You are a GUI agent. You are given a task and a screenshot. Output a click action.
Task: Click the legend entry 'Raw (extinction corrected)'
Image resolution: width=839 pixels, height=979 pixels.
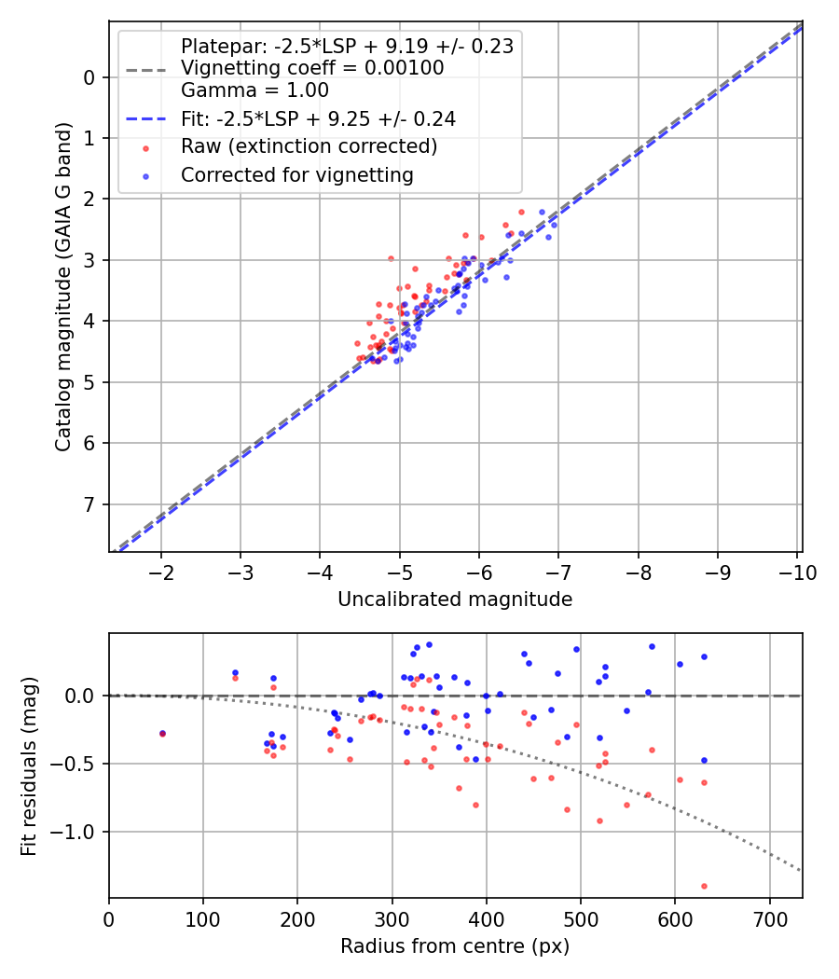point(309,146)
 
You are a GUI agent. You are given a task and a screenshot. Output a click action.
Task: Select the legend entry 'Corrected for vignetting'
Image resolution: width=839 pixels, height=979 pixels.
point(297,174)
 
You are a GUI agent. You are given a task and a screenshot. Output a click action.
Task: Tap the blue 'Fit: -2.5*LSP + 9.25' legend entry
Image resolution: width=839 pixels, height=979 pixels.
point(318,118)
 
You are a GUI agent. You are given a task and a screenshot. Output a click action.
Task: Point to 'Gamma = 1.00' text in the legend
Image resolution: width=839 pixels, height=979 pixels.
point(254,90)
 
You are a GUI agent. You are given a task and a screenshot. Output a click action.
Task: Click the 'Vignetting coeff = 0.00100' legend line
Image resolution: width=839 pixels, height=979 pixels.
point(312,68)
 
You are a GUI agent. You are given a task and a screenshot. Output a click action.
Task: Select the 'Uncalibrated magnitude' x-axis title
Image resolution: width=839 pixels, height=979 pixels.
point(455,599)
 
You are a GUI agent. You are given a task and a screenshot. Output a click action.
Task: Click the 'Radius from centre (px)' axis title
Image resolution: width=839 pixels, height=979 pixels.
point(455,946)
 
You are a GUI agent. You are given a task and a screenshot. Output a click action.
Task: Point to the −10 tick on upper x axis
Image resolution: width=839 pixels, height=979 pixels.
point(797,572)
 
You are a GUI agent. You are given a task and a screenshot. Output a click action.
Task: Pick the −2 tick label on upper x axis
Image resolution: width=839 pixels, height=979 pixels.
point(161,572)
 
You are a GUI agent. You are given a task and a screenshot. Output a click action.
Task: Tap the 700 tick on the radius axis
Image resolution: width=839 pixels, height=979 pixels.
point(769,919)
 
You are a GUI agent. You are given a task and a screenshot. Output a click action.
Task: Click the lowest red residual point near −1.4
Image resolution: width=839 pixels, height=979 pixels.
point(704,886)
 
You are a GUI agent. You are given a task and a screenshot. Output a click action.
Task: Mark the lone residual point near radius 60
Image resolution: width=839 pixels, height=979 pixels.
point(163,734)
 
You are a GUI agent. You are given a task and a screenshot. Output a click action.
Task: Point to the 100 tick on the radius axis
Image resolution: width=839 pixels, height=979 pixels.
point(203,919)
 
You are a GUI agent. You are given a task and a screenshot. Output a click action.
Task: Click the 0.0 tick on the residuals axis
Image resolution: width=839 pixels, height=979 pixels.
point(81,696)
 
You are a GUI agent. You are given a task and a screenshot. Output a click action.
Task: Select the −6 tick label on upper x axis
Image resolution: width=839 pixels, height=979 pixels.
point(479,572)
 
